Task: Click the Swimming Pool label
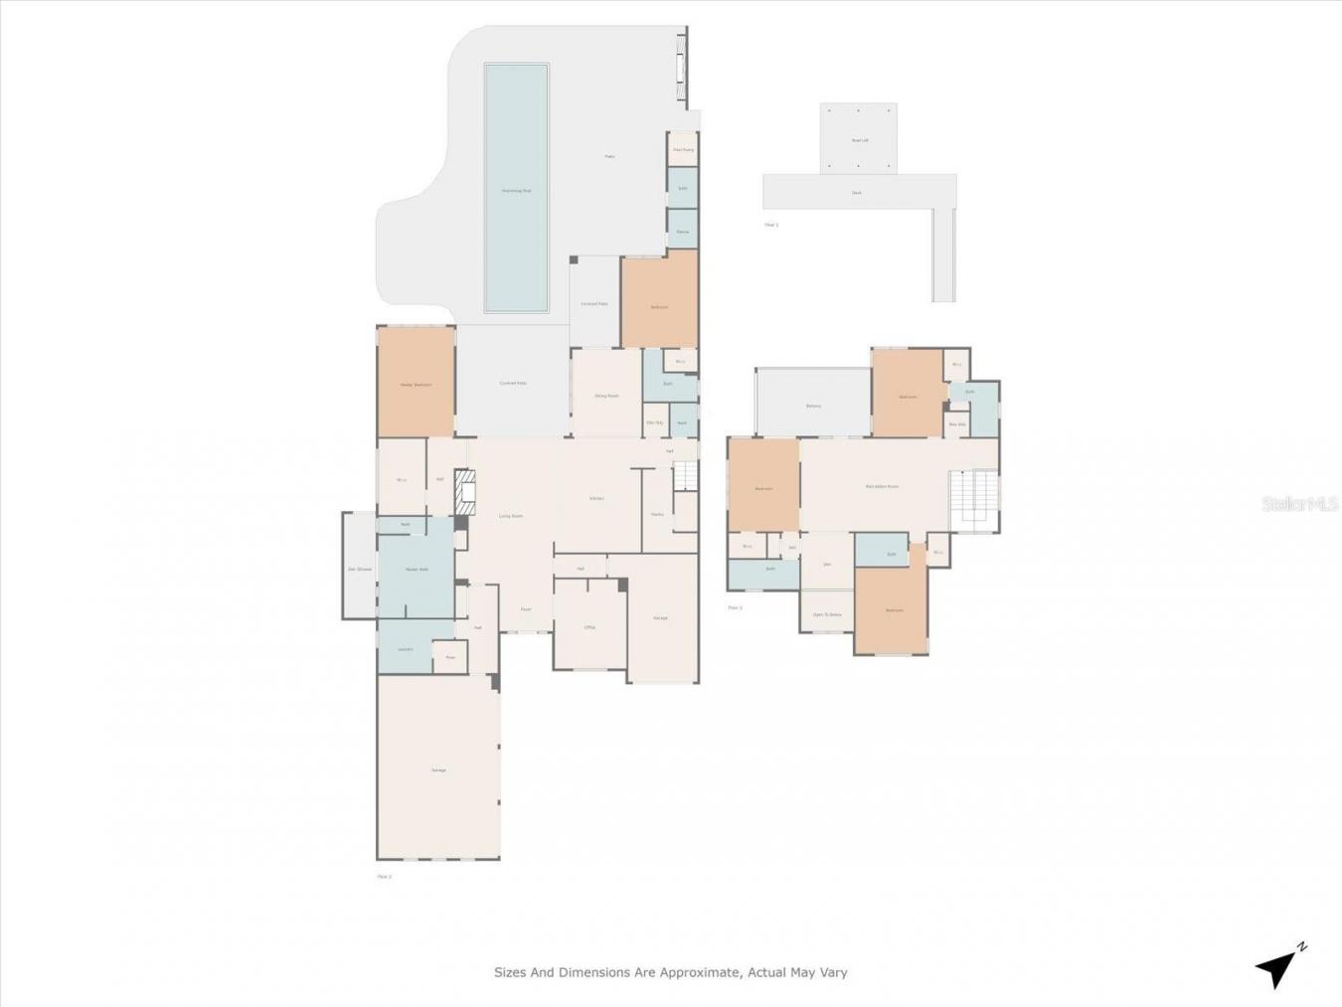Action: pyautogui.click(x=516, y=190)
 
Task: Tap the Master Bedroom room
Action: pyautogui.click(x=416, y=384)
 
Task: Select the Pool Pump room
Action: pyautogui.click(x=683, y=150)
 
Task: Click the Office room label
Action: pyautogui.click(x=589, y=627)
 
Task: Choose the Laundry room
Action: pyautogui.click(x=405, y=649)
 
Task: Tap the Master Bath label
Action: pyautogui.click(x=417, y=570)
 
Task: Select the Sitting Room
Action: pyautogui.click(x=606, y=396)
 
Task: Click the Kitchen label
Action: pyautogui.click(x=596, y=498)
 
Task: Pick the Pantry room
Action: pyautogui.click(x=657, y=514)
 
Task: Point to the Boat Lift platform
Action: pyautogui.click(x=859, y=139)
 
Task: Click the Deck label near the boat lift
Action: pyautogui.click(x=857, y=193)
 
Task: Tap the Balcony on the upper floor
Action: pyautogui.click(x=813, y=405)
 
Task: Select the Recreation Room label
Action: pyautogui.click(x=882, y=486)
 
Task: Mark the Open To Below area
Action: pyautogui.click(x=827, y=614)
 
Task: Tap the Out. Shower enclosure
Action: pyautogui.click(x=359, y=569)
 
